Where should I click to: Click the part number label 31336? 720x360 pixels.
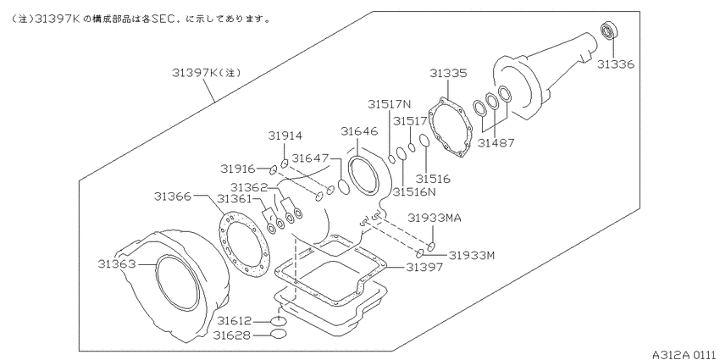click(x=616, y=64)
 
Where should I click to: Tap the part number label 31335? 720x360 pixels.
click(x=448, y=75)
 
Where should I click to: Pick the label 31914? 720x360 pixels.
click(x=285, y=136)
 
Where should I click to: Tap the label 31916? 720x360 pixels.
click(x=239, y=169)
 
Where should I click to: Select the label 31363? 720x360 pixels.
click(x=117, y=264)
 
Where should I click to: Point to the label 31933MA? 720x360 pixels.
click(x=434, y=218)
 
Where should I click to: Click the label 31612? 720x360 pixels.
click(x=235, y=320)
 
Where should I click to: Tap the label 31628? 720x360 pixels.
click(x=235, y=336)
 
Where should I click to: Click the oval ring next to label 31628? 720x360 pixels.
click(x=278, y=335)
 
